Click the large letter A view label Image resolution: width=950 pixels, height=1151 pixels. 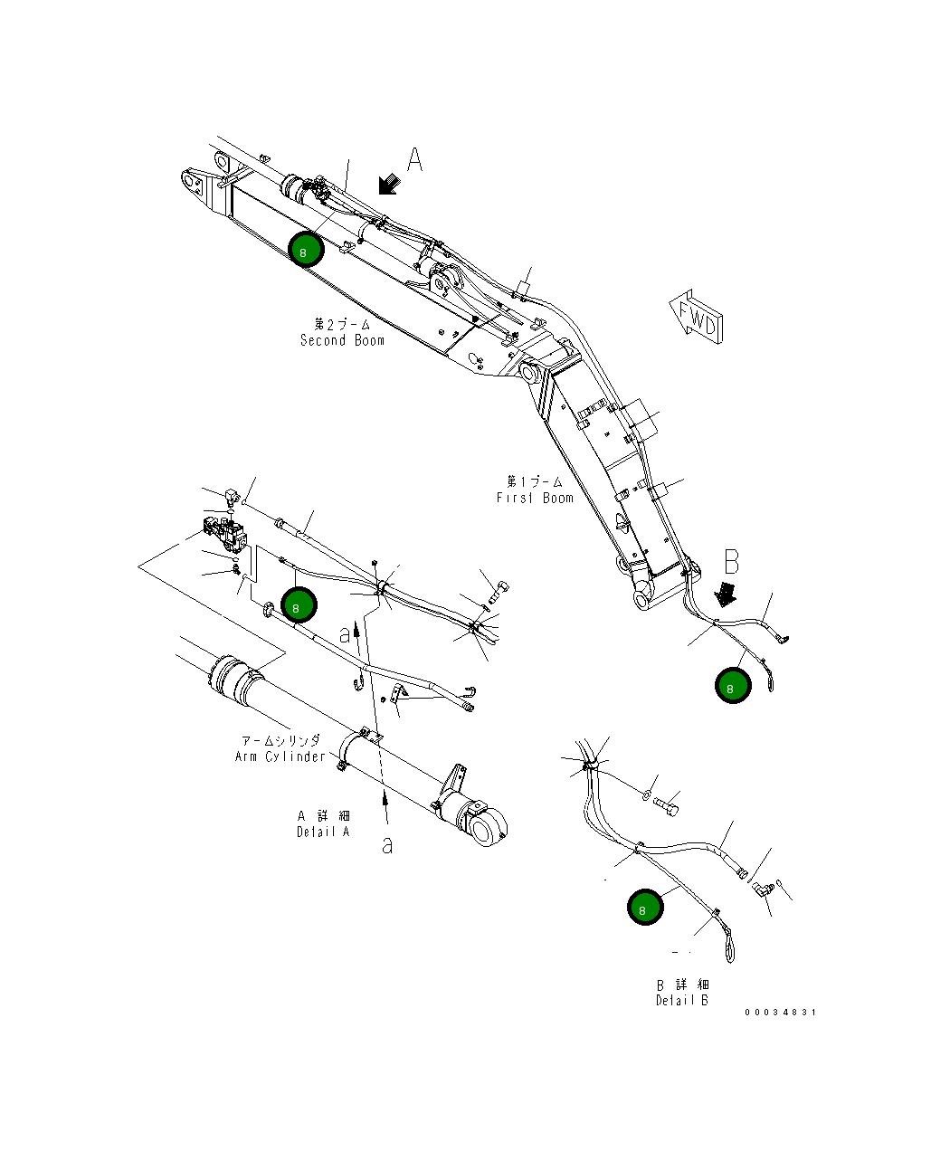pyautogui.click(x=414, y=159)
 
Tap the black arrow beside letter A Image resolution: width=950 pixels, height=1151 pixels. pyautogui.click(x=390, y=184)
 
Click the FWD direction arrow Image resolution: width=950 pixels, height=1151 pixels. pyautogui.click(x=697, y=316)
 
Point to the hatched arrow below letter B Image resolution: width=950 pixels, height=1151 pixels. pyautogui.click(x=727, y=594)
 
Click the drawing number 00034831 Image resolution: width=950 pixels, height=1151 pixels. pyautogui.click(x=780, y=1013)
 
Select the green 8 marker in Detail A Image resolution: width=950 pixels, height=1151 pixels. pyautogui.click(x=298, y=605)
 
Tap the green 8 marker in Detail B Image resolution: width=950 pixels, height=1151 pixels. pyautogui.click(x=645, y=908)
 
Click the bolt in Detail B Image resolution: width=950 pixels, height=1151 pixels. pyautogui.click(x=668, y=803)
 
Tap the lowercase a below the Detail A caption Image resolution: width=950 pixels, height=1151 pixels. pyautogui.click(x=387, y=845)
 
